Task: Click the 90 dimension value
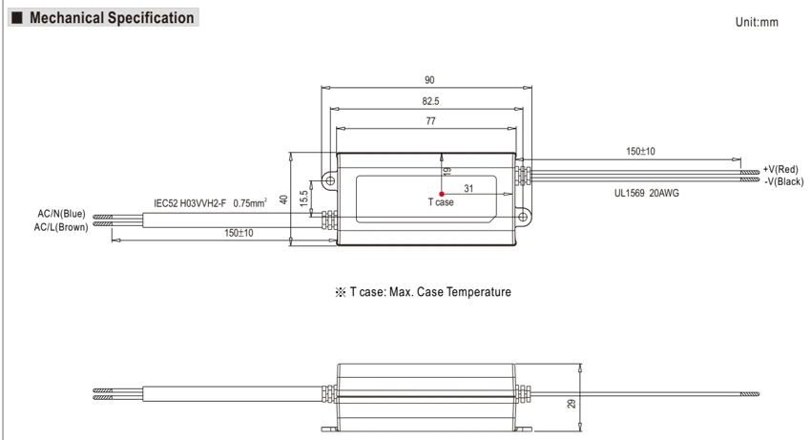pyautogui.click(x=429, y=80)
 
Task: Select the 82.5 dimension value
pyautogui.click(x=430, y=101)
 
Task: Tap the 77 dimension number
pyautogui.click(x=431, y=121)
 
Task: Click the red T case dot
pyautogui.click(x=441, y=194)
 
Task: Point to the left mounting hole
pyautogui.click(x=329, y=180)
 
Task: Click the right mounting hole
pyautogui.click(x=523, y=217)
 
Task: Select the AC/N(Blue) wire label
pyautogui.click(x=62, y=214)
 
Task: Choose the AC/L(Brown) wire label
pyautogui.click(x=61, y=227)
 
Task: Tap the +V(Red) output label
pyautogui.click(x=780, y=169)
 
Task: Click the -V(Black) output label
pyautogui.click(x=784, y=181)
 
